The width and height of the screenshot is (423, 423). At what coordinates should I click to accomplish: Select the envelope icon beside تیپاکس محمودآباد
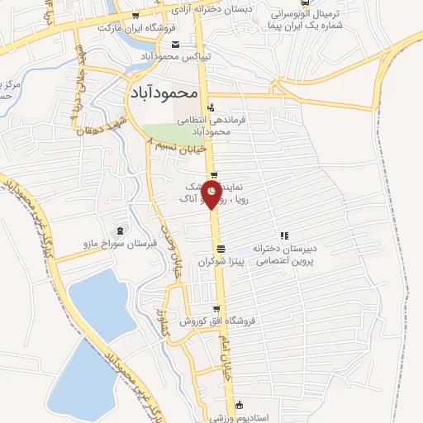tap(174, 45)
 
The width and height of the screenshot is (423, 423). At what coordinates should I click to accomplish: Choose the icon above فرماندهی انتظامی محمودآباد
tap(211, 107)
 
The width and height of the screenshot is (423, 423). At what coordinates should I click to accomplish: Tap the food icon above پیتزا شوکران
tap(221, 249)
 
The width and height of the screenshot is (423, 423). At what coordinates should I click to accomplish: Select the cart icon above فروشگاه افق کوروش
tap(216, 309)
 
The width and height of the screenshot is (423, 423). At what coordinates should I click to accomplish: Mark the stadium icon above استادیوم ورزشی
tap(240, 405)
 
